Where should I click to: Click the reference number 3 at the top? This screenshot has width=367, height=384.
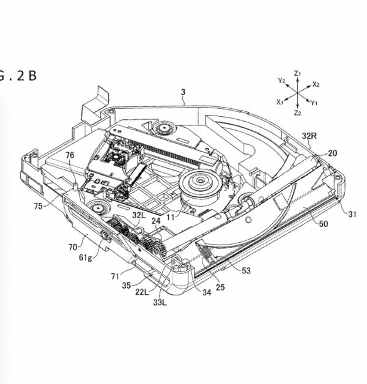[x=183, y=92]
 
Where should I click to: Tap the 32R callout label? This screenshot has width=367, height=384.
[x=309, y=136]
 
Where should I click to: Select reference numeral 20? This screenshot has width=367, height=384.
[x=333, y=153]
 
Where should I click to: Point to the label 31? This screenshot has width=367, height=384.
[x=352, y=214]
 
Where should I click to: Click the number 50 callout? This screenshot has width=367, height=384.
[x=324, y=224]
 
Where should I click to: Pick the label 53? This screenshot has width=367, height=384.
[x=247, y=271]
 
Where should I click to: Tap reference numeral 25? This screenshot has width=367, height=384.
[x=220, y=287]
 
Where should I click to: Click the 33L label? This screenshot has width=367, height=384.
[x=160, y=303]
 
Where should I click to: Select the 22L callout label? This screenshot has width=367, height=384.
[x=142, y=292]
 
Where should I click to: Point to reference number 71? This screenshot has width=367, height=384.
[x=115, y=276]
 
